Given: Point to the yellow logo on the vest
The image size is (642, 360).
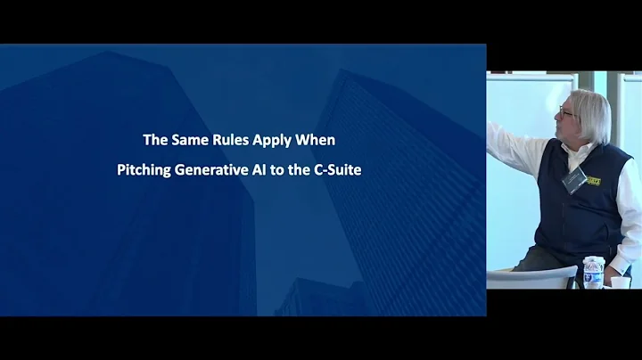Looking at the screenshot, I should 593,180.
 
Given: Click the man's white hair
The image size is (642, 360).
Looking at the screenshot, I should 591,107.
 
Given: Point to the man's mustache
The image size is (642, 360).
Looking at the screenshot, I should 565,127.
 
